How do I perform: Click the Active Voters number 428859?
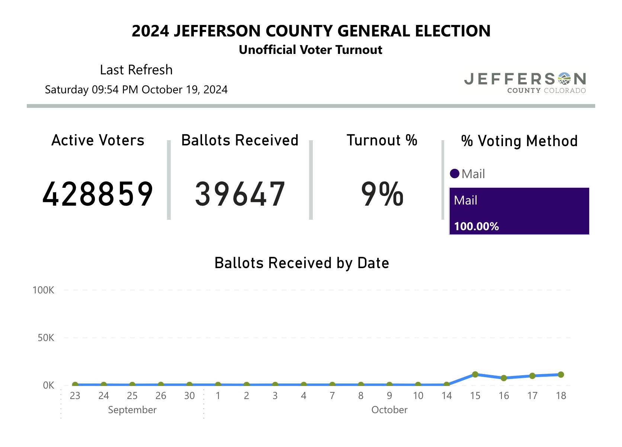98,194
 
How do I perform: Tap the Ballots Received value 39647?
240,194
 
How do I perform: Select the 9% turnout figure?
382,194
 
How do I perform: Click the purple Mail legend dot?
454,174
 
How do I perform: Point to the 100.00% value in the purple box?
476,226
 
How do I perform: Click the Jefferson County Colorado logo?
525,83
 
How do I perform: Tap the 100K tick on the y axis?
43,290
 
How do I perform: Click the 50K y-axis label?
46,338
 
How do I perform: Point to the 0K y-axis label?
49,385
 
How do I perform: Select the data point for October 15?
475,374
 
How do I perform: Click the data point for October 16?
504,378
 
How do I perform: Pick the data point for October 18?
561,374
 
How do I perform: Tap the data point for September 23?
75,385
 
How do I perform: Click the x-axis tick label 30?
189,396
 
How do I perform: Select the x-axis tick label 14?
446,396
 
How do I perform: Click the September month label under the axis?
132,410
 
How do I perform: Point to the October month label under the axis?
389,410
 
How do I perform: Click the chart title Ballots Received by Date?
302,263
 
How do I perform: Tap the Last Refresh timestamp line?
136,90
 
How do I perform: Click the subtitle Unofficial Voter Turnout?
311,50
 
